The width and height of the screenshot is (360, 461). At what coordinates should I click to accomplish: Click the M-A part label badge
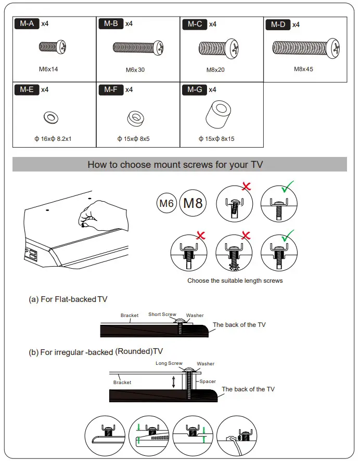pos(27,24)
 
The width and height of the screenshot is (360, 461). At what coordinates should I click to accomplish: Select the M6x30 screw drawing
pos(135,48)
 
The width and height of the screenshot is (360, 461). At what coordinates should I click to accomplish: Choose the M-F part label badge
pos(111,90)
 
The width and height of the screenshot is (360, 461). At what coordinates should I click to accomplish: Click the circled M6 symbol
pos(166,203)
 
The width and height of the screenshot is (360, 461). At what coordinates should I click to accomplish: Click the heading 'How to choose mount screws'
pos(175,165)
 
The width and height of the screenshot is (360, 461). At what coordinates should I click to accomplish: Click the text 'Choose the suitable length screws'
pos(235,281)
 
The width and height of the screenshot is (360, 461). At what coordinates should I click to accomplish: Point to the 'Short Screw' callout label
pos(162,314)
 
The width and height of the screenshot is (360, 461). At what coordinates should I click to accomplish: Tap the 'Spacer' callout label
pos(208,381)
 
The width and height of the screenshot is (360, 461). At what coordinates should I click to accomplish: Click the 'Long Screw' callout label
pos(169,363)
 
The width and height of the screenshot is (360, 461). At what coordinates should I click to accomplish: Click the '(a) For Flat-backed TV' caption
pos(68,299)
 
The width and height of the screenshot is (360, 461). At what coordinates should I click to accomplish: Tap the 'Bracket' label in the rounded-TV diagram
pos(122,383)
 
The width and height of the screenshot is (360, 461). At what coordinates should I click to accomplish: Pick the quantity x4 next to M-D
pos(295,24)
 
